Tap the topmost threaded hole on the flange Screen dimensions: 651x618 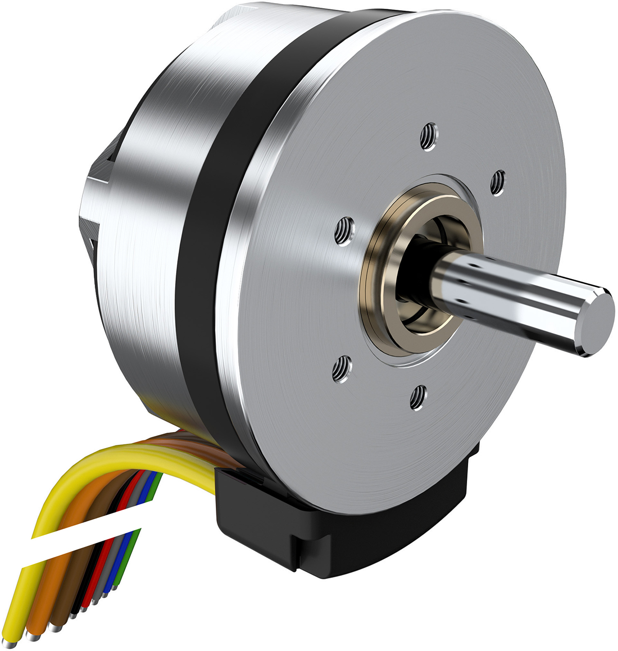pyautogui.click(x=428, y=137)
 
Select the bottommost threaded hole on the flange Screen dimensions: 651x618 pyautogui.click(x=418, y=398)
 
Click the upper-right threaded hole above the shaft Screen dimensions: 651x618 pyautogui.click(x=497, y=183)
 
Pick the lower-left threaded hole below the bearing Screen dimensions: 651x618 pyautogui.click(x=340, y=370)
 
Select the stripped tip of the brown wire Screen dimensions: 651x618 pyautogui.click(x=55, y=627)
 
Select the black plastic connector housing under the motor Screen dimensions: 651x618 pyautogui.click(x=268, y=525)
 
